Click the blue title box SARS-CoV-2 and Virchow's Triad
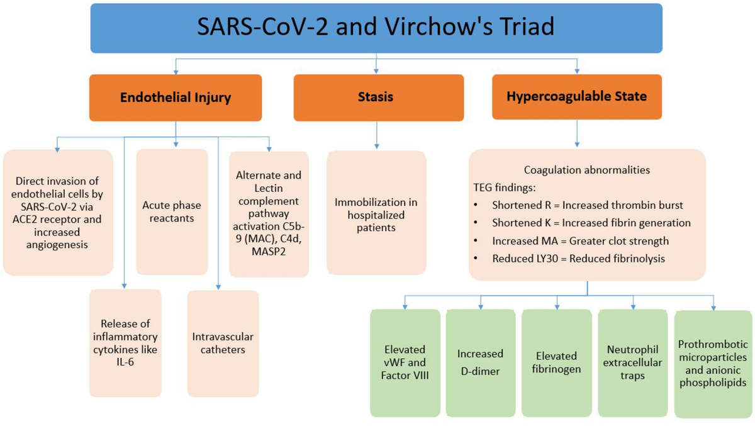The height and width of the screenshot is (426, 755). pyautogui.click(x=376, y=28)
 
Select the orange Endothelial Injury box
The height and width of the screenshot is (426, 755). pyautogui.click(x=176, y=98)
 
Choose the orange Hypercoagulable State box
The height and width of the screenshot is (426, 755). pyautogui.click(x=576, y=97)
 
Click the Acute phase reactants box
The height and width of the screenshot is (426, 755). pyautogui.click(x=172, y=211)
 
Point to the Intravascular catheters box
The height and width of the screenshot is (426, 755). pyautogui.click(x=223, y=343)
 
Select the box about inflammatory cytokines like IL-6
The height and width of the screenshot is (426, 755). pyautogui.click(x=125, y=343)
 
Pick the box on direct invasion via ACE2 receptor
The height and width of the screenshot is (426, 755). pyautogui.click(x=58, y=213)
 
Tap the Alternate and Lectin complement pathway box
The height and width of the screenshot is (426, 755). pyautogui.click(x=269, y=214)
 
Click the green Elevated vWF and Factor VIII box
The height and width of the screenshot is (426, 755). pyautogui.click(x=405, y=363)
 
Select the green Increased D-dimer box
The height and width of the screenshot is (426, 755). pyautogui.click(x=481, y=363)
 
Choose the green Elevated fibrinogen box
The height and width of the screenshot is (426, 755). pyautogui.click(x=556, y=363)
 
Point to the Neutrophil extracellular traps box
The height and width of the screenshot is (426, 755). pyautogui.click(x=632, y=363)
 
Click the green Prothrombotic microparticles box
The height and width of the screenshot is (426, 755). pyautogui.click(x=713, y=363)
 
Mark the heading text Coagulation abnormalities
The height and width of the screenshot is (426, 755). pyautogui.click(x=587, y=170)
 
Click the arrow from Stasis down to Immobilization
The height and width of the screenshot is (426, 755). pyautogui.click(x=377, y=136)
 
